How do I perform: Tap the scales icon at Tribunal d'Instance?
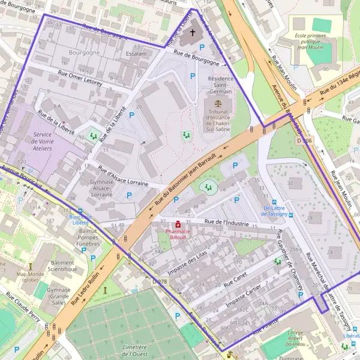[217, 103]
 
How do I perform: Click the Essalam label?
[137, 53]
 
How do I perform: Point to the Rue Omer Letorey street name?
[80, 77]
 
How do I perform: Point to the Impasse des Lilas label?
[191, 263]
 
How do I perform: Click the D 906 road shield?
[305, 140]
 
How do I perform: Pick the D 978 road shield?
[160, 281]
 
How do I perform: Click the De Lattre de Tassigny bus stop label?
[276, 211]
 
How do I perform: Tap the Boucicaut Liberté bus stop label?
[80, 219]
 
